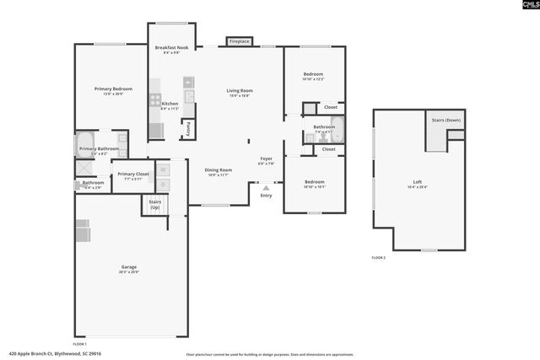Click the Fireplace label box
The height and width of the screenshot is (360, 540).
(239, 40)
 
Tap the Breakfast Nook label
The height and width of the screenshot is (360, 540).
(171, 49)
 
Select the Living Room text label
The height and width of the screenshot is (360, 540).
(240, 92)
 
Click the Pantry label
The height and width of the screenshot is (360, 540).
(188, 129)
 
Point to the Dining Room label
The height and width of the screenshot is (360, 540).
(218, 171)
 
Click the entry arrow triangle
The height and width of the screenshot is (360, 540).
(267, 188)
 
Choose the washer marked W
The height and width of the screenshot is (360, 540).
(164, 169)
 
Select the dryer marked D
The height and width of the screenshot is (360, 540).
(164, 184)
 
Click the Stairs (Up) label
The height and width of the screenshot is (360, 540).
(154, 204)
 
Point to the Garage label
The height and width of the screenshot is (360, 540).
(128, 268)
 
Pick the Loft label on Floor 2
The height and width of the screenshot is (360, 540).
(417, 184)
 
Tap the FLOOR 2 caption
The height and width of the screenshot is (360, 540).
(378, 257)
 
